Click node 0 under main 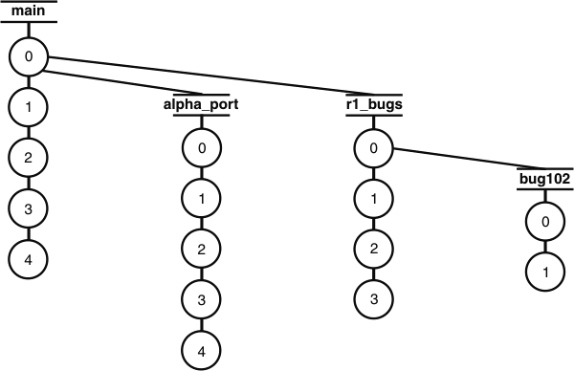(x=29, y=57)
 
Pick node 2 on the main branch (x=29, y=157)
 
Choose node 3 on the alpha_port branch (x=200, y=300)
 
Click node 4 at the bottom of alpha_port (x=200, y=350)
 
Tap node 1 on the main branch (x=29, y=107)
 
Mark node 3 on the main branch (x=29, y=207)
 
